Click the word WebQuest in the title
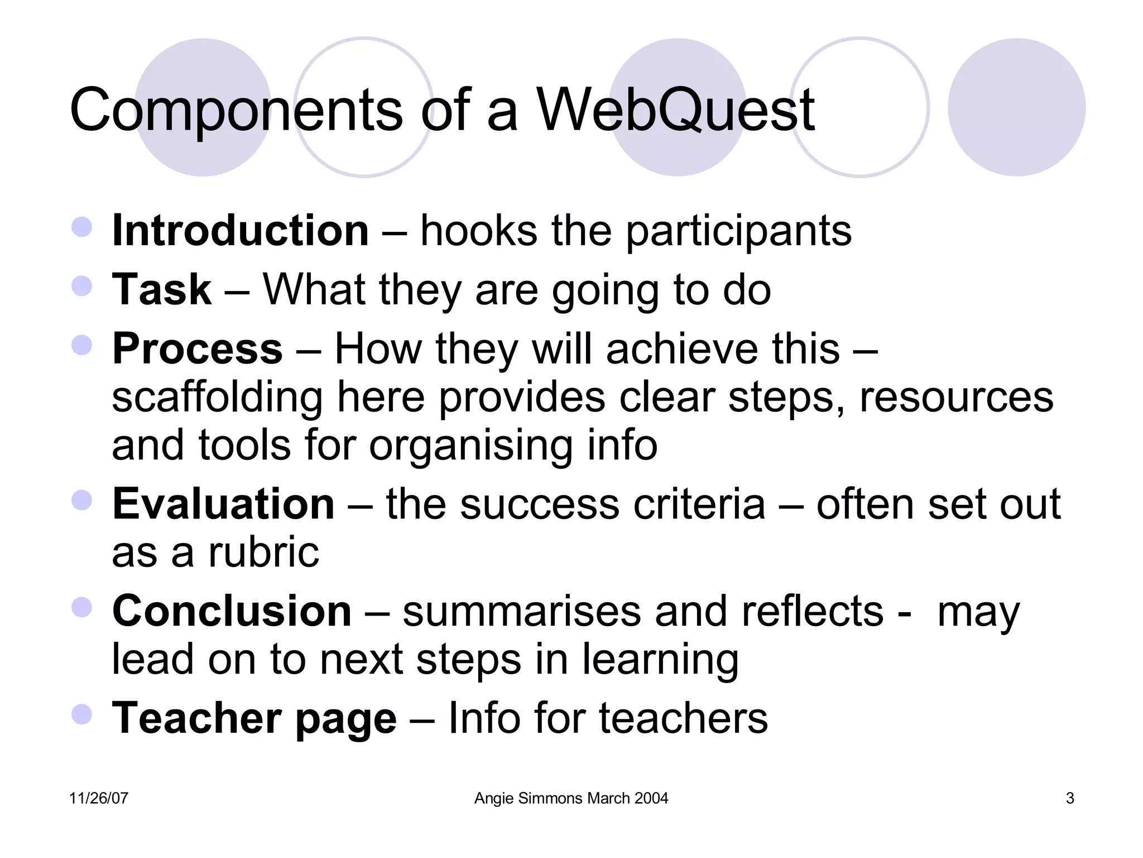click(x=675, y=110)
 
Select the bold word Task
click(x=162, y=289)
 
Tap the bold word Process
click(x=198, y=349)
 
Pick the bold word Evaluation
click(x=223, y=504)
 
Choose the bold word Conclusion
click(x=232, y=611)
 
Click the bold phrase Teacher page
click(x=254, y=718)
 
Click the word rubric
click(x=263, y=552)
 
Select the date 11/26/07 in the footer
click(x=98, y=798)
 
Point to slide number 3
click(x=1069, y=798)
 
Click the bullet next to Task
click(x=82, y=286)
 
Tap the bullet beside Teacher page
click(x=82, y=714)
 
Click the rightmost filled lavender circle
click(x=1016, y=107)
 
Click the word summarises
click(x=522, y=611)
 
